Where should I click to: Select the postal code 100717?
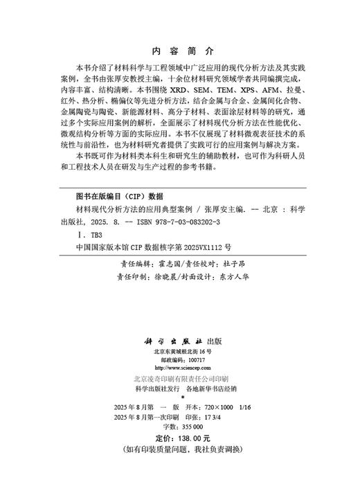[196, 360]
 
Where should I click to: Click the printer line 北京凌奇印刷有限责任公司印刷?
[180, 379]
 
